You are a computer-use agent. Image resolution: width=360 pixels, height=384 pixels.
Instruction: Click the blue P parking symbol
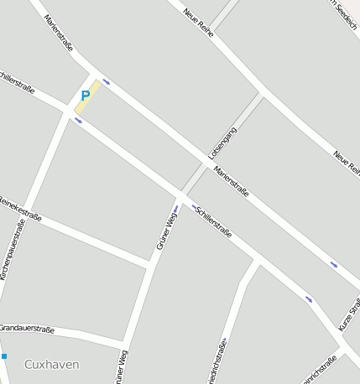coord(85,96)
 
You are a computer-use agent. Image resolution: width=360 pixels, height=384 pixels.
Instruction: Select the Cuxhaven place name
coord(51,364)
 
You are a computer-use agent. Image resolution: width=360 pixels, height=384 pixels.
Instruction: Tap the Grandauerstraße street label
coord(26,329)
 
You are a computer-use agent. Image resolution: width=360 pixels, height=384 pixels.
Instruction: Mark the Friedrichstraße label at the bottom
coord(222,361)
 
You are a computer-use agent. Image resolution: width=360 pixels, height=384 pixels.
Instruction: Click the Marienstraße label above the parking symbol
coord(59,33)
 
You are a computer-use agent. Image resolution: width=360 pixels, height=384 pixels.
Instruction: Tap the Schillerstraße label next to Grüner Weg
coord(213,220)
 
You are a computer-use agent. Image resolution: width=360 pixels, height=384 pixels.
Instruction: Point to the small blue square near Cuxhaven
coord(3,356)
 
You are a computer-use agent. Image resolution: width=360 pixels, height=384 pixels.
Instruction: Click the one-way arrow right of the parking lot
coord(107,82)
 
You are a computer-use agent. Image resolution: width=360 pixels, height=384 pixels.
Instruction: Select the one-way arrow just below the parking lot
coord(78,120)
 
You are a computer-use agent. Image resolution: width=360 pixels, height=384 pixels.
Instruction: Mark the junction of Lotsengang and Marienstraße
coord(206,158)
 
